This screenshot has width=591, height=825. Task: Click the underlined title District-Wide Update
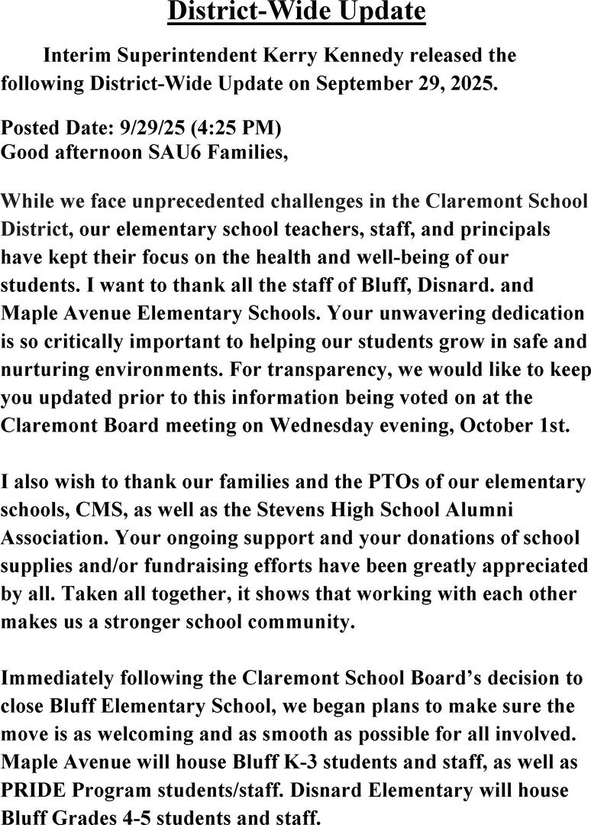click(x=296, y=12)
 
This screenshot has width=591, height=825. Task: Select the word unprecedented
click(x=194, y=202)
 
